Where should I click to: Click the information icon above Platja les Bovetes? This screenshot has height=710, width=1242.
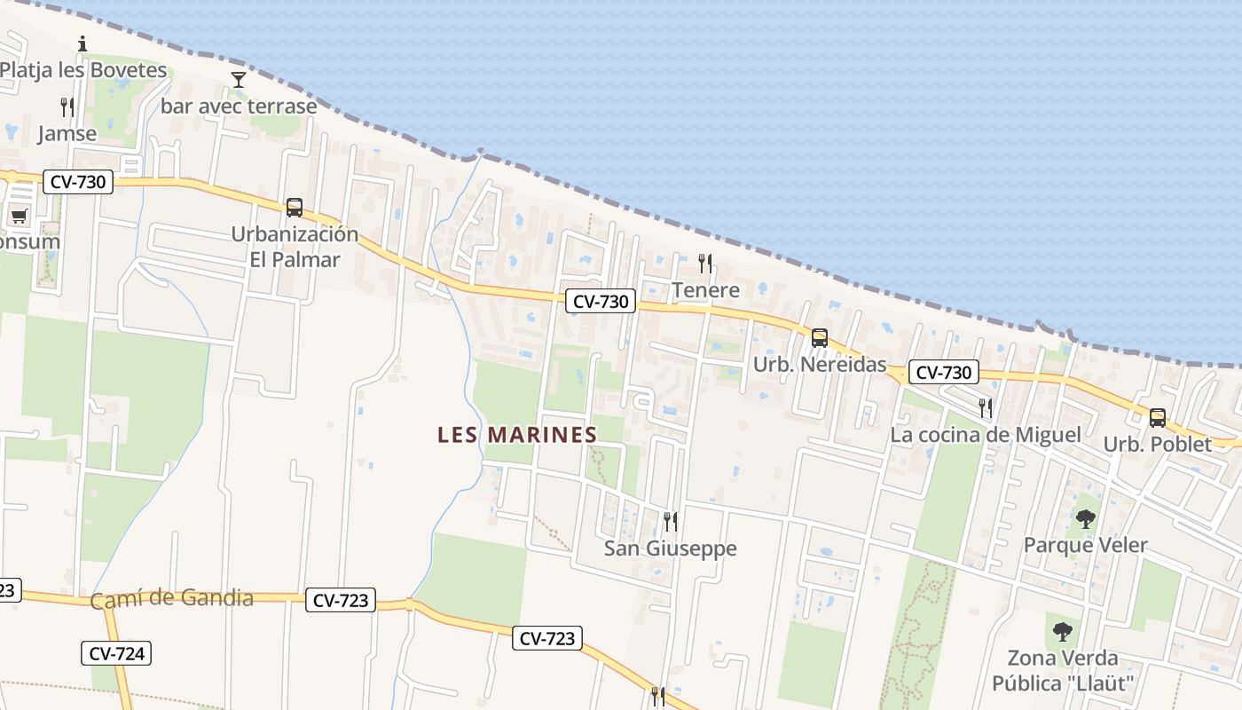click(83, 43)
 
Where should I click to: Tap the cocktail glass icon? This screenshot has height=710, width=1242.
click(238, 80)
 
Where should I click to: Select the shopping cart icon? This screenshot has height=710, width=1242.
click(19, 216)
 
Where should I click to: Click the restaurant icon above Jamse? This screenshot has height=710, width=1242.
click(67, 107)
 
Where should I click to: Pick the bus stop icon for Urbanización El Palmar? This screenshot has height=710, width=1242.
click(295, 208)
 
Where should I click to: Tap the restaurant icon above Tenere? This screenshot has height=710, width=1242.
click(705, 263)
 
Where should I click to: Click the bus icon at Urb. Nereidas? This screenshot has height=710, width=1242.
click(819, 338)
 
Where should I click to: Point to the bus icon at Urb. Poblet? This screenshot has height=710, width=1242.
click(1157, 417)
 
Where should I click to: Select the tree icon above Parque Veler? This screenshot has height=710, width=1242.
click(1085, 519)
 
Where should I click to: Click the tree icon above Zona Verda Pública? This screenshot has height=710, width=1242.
click(1062, 632)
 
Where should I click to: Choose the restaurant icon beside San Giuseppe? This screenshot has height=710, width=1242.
click(671, 522)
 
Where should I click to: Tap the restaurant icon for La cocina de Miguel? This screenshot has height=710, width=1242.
click(986, 407)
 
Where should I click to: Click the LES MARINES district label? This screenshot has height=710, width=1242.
click(517, 435)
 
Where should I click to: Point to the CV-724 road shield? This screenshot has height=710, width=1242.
click(117, 654)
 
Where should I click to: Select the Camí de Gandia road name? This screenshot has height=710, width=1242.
click(171, 598)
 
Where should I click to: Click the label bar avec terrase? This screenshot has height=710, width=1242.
click(239, 106)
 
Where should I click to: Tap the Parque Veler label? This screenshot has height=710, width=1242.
click(1085, 545)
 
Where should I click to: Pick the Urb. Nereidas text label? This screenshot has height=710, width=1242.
click(819, 365)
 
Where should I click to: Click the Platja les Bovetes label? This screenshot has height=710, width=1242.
click(83, 70)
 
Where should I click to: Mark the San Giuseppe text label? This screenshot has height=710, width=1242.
click(670, 548)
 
